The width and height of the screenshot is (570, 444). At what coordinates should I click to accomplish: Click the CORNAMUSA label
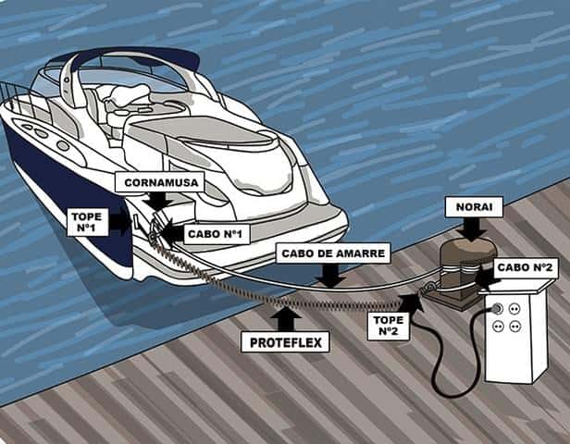(x=161, y=181)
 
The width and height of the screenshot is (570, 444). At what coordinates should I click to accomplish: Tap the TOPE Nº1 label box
(x=87, y=222)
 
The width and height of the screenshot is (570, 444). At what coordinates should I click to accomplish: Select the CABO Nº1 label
(x=215, y=234)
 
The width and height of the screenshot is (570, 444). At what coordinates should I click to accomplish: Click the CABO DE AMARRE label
(x=333, y=253)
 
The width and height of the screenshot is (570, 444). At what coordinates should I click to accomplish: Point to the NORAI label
(x=474, y=207)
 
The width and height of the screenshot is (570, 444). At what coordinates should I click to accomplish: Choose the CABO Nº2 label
(x=525, y=267)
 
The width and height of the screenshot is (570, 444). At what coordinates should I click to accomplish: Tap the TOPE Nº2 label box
(x=389, y=326)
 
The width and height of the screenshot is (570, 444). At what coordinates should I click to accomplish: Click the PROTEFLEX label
(x=285, y=342)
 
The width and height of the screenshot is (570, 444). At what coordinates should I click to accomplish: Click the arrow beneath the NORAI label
(x=472, y=229)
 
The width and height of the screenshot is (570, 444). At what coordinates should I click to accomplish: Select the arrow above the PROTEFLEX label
(x=287, y=319)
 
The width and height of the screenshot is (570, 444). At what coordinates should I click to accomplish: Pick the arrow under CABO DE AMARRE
(x=330, y=276)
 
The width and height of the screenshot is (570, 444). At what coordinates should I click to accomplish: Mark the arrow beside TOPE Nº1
(x=120, y=221)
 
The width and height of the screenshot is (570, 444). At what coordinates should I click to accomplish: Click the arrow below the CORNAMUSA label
(x=157, y=202)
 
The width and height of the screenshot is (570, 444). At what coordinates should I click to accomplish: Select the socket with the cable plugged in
(x=497, y=309)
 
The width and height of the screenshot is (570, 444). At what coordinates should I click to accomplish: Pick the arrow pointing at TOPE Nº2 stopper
(x=413, y=303)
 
